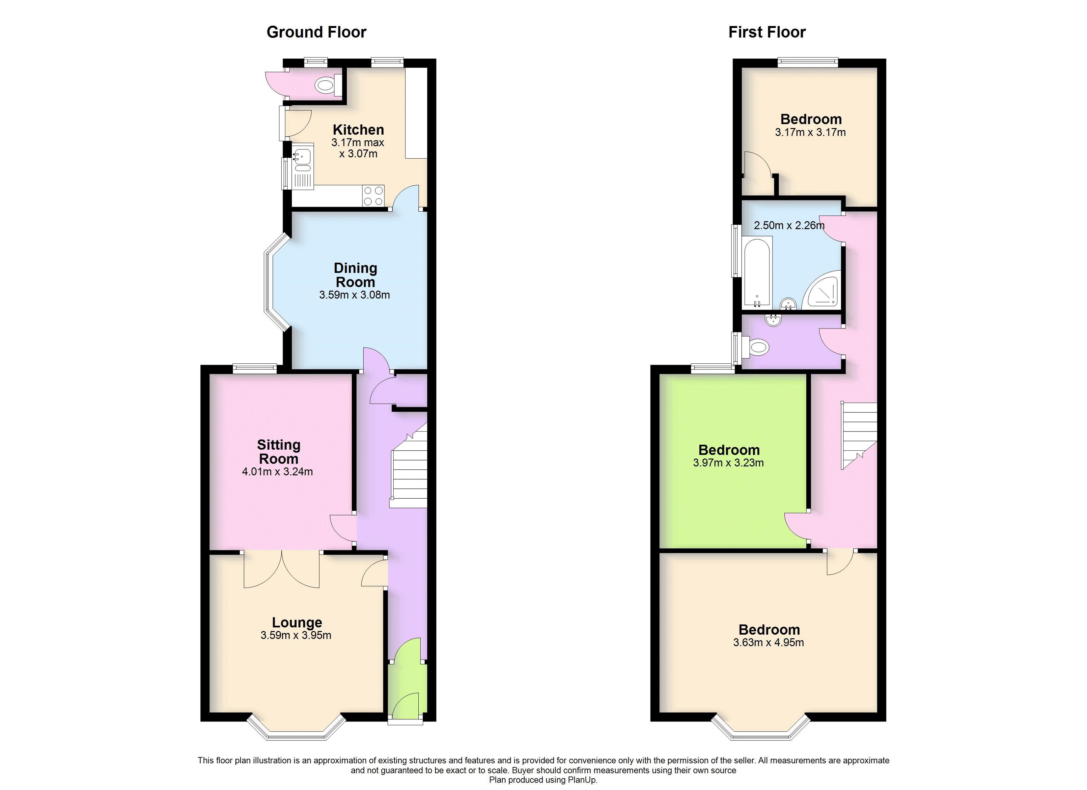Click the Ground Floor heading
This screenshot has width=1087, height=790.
point(316,32)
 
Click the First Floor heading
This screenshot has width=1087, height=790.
point(767,32)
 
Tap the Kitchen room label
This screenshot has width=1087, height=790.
point(358,130)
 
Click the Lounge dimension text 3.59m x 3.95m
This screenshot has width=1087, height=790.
point(296,635)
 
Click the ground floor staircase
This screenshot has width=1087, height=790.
point(409,474)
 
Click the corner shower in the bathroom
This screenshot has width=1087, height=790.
point(823,289)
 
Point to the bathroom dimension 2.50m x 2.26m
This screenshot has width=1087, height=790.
point(789,225)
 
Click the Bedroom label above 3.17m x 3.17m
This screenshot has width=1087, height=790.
point(811,119)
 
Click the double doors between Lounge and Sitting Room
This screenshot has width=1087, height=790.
point(281,569)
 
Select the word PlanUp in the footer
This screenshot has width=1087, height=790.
point(583,780)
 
